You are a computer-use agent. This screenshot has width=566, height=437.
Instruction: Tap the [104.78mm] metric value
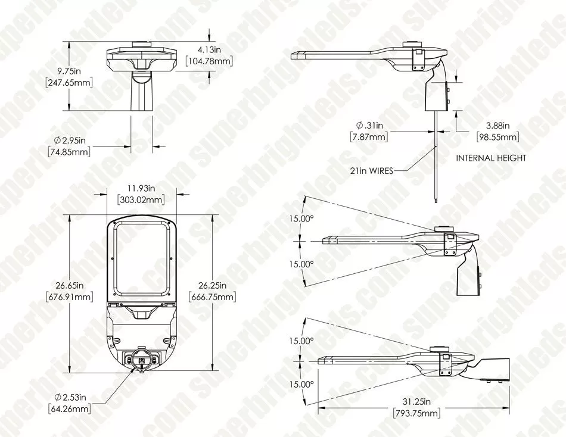point(209,61)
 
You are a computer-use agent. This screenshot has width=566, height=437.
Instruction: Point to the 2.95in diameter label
point(70,140)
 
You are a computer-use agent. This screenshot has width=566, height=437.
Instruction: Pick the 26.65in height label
point(69,285)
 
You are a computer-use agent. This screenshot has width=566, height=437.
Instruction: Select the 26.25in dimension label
point(212,285)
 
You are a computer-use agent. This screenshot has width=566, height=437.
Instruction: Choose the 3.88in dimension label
point(498,126)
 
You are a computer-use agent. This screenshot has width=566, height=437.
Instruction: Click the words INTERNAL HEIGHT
point(491,158)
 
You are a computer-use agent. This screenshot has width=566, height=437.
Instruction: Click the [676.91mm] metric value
point(69,297)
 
